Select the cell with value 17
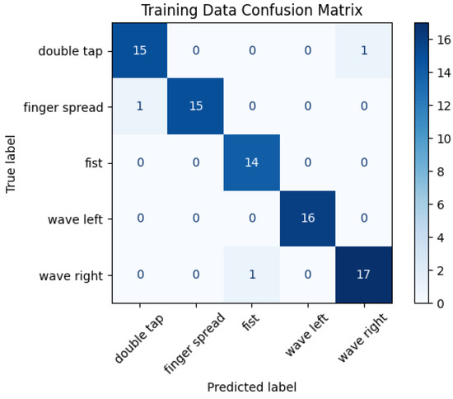tap(363, 275)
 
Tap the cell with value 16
tap(307, 219)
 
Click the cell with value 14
tap(252, 163)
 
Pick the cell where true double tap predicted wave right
tap(363, 51)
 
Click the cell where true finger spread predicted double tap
tap(140, 107)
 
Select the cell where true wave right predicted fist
tap(252, 275)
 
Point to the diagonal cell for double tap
tap(140, 51)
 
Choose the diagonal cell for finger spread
tap(196, 107)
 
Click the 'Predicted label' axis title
tap(252, 386)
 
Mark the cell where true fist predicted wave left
tap(307, 163)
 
